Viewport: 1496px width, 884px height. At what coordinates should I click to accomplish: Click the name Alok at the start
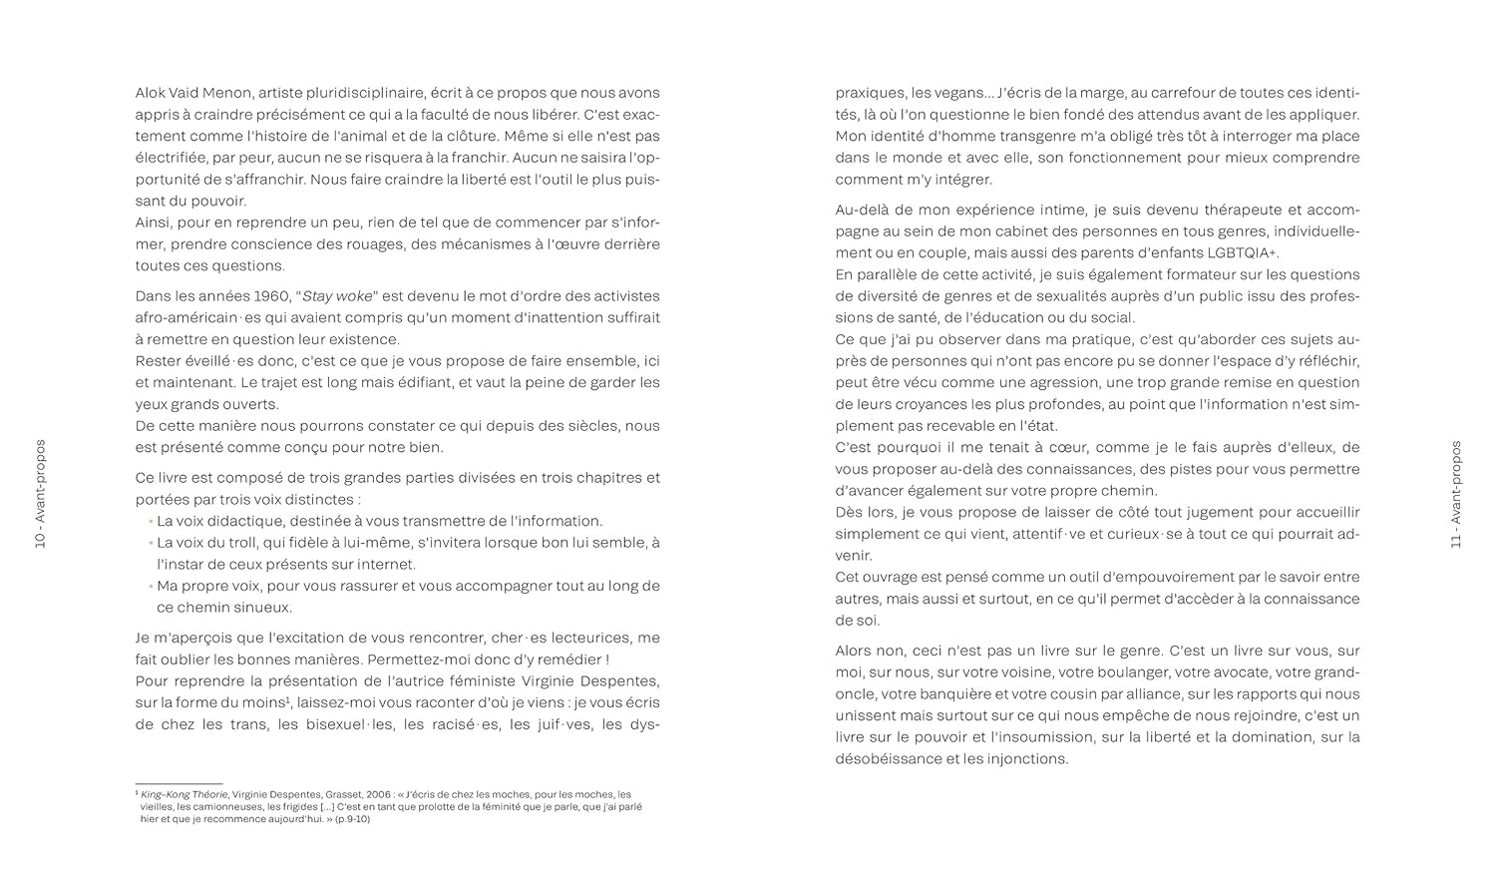pyautogui.click(x=153, y=93)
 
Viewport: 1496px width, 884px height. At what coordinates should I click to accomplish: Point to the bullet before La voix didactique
pyautogui.click(x=152, y=522)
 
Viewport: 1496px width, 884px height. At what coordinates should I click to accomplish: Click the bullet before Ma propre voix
pyautogui.click(x=152, y=587)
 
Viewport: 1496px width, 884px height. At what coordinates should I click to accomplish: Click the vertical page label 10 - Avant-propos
pyautogui.click(x=41, y=494)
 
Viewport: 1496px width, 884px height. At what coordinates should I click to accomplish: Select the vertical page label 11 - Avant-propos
pyautogui.click(x=1455, y=494)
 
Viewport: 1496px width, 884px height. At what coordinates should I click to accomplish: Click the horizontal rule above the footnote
pyautogui.click(x=179, y=784)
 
